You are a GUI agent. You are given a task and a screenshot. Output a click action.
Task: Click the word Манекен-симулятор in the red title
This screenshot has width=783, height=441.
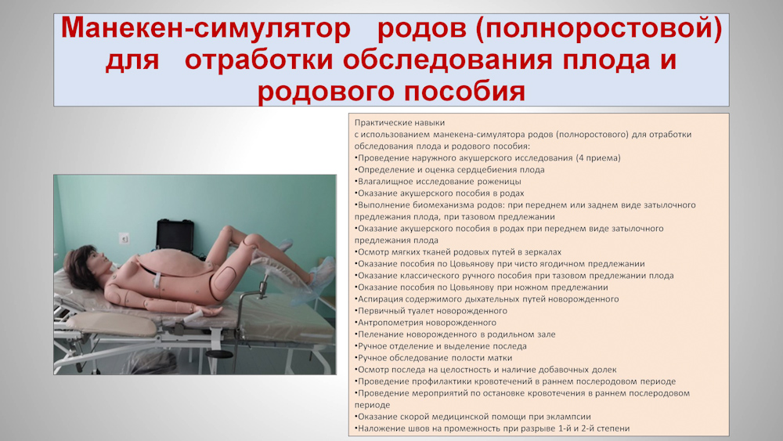point(206,28)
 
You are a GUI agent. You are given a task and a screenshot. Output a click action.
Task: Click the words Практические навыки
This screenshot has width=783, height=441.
point(399,122)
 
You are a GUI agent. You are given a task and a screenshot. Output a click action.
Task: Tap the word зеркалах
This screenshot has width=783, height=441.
point(543,252)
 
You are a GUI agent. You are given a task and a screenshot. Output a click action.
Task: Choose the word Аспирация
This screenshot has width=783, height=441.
point(378,299)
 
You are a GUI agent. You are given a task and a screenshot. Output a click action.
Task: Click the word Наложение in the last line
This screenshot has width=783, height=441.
point(379,428)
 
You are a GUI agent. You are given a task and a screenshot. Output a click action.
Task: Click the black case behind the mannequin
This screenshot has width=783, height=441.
point(175,236)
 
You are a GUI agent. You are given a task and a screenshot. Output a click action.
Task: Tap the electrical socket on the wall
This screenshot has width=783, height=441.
point(124,239)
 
